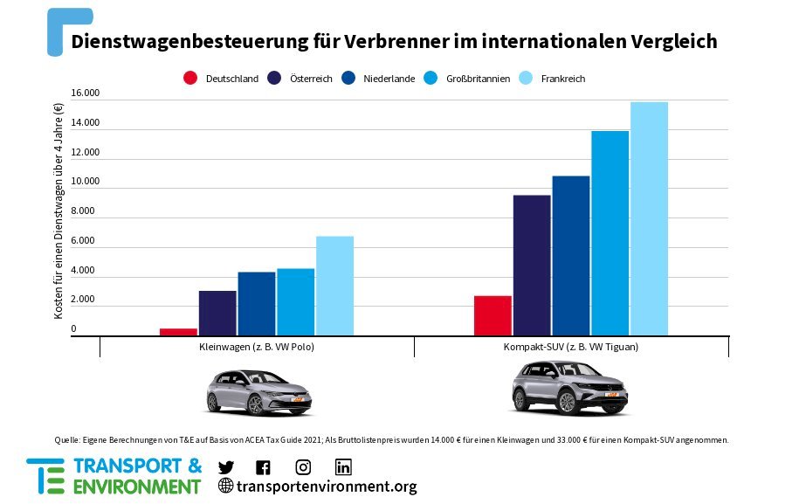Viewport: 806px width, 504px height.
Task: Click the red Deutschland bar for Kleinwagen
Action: tap(178, 332)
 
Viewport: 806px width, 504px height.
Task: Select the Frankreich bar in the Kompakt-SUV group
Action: tap(649, 218)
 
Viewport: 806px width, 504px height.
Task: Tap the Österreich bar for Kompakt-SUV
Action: tap(532, 265)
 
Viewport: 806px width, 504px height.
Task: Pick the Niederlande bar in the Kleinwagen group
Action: tap(257, 303)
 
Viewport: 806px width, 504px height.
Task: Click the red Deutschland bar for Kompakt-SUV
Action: tap(493, 315)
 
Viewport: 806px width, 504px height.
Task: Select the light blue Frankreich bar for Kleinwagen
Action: tap(334, 286)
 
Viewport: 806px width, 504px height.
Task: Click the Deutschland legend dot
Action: tap(189, 78)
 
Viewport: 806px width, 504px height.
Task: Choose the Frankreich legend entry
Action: tap(562, 79)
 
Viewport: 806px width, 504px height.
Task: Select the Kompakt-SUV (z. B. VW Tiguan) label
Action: tap(571, 347)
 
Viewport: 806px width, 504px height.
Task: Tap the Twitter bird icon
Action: tap(225, 466)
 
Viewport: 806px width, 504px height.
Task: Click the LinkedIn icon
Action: tap(343, 466)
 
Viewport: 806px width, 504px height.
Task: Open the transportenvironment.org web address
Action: tap(326, 487)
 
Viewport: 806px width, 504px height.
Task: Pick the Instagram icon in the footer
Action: tap(303, 466)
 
